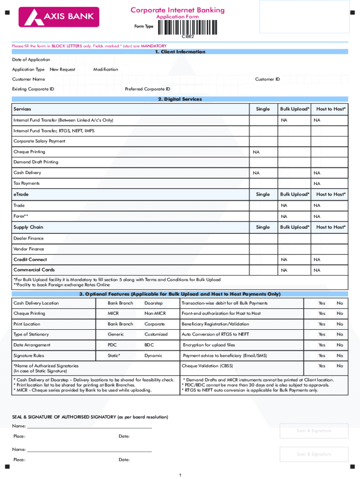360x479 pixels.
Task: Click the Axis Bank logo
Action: point(59,17)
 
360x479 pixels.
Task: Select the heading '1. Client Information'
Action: point(180,52)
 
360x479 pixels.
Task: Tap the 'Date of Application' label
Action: point(31,59)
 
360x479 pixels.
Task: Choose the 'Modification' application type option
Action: point(106,69)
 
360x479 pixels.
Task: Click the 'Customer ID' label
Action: point(267,79)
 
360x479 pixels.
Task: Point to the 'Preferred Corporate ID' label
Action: point(147,89)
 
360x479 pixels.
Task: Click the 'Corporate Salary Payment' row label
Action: point(39,141)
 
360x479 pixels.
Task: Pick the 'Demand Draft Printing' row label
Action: point(36,162)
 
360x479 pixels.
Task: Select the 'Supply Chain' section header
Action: point(28,227)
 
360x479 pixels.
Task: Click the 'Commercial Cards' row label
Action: point(34,270)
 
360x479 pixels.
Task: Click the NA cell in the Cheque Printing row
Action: point(256,152)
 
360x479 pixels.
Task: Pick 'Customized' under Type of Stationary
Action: point(156,334)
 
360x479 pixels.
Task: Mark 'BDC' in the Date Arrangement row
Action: point(149,345)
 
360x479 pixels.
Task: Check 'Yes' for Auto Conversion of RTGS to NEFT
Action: point(322,334)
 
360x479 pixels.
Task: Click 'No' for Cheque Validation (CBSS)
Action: point(340,366)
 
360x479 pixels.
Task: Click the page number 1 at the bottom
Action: point(180,475)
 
